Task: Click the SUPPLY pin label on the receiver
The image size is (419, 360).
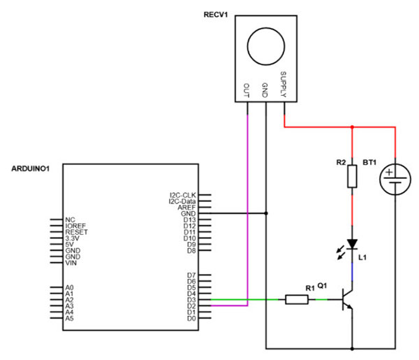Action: [x=284, y=84]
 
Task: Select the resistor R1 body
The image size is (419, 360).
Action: [x=297, y=300]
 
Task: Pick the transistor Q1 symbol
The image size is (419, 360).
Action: [x=346, y=301]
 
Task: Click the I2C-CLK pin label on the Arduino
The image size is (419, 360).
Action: [x=183, y=195]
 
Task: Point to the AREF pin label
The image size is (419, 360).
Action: [x=188, y=207]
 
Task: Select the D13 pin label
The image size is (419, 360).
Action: [x=189, y=219]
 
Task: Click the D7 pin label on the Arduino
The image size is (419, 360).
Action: [x=191, y=275]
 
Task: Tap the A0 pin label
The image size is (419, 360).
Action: [x=68, y=287]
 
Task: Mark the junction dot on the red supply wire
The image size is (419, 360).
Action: [x=352, y=128]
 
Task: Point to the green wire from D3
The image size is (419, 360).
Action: [x=244, y=300]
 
